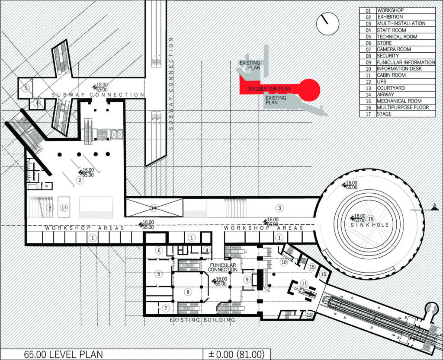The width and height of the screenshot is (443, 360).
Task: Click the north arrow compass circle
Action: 327,24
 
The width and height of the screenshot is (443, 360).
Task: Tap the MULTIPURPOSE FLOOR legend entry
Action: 402,107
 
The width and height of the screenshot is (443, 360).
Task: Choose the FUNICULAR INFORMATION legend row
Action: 405,62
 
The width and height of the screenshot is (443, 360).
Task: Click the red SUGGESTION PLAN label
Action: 269,89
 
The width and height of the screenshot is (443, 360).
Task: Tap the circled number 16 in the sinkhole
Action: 370,219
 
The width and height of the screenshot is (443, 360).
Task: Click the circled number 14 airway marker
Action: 154,208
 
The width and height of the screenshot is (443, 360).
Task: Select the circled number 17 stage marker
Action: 64,208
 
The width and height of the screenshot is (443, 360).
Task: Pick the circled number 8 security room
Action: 188,292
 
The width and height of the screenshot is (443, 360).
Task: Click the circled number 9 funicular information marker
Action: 247,280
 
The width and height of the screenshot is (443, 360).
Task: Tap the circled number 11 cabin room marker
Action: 304,284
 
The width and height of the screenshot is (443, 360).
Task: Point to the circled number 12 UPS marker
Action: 308,315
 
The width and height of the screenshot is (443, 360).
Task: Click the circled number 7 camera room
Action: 166,308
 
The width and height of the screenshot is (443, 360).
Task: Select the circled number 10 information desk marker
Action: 284,262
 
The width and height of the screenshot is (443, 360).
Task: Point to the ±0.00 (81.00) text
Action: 236,354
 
